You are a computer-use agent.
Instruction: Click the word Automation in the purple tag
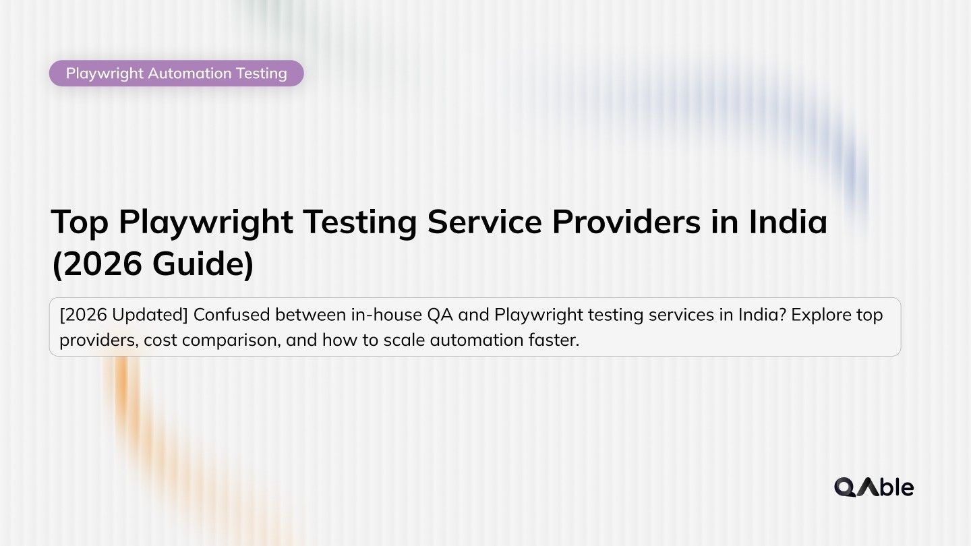190,73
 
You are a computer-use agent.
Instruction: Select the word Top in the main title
80,222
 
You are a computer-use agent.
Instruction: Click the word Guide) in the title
203,264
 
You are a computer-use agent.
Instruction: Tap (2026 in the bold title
97,264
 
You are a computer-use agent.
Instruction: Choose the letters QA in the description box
440,315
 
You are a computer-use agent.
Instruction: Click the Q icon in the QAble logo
845,487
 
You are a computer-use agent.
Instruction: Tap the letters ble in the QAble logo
898,487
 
